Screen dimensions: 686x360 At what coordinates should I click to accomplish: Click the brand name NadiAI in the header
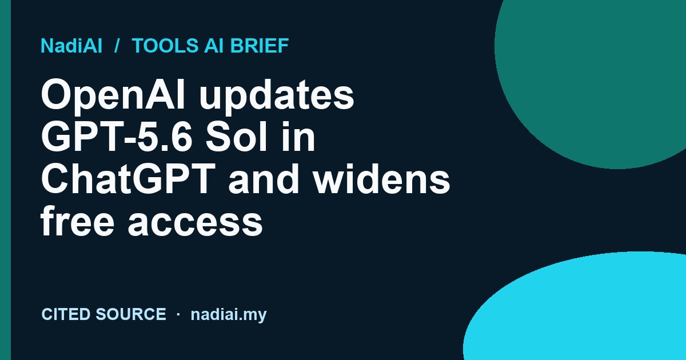[71, 46]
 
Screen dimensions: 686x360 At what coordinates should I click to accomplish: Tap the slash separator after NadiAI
[117, 46]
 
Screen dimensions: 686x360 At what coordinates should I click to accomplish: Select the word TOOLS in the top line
[165, 46]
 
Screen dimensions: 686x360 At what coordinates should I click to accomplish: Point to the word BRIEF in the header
[260, 46]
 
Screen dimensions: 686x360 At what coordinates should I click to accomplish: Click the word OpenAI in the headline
[113, 95]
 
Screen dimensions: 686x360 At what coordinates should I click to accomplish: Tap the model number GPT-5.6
[117, 136]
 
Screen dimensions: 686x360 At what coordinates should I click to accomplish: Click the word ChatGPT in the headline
[127, 179]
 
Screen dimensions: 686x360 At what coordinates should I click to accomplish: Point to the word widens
[381, 179]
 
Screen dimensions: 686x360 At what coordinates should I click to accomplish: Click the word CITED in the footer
[65, 314]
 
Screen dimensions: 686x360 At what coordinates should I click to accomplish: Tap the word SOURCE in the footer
[131, 314]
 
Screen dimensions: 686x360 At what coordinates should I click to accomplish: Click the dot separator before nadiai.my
[178, 314]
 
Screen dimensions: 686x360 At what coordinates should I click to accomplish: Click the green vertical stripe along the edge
[5, 180]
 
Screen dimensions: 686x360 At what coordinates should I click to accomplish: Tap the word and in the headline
[264, 179]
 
